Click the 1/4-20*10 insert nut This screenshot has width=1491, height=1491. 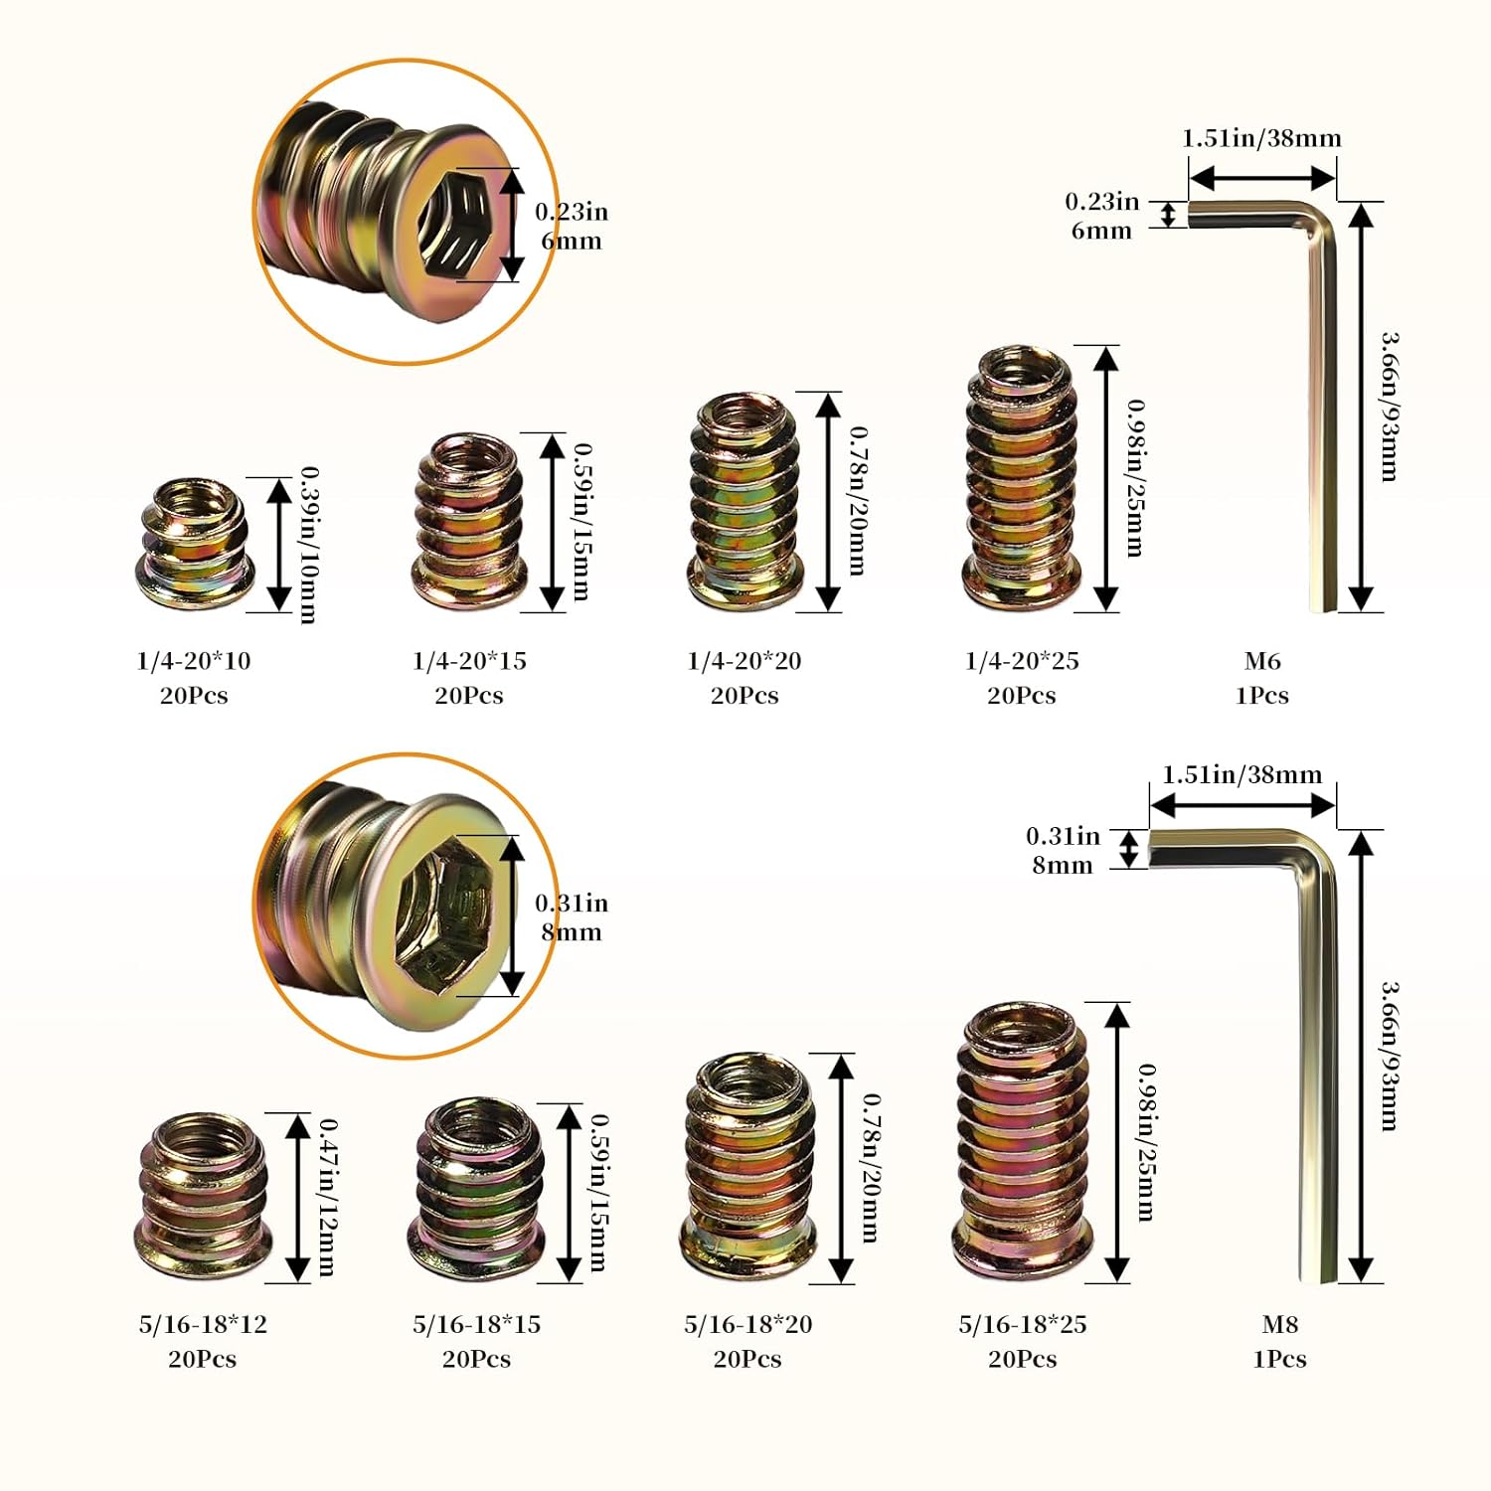(x=195, y=545)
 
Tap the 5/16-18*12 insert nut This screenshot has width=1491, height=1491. (x=202, y=1196)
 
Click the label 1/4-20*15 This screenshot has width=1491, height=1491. (x=469, y=661)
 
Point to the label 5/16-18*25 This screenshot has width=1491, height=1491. (x=1022, y=1324)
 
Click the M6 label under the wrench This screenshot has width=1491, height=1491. (x=1262, y=661)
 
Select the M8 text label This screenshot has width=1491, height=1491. (x=1279, y=1324)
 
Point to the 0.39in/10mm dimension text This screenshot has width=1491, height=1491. (x=309, y=545)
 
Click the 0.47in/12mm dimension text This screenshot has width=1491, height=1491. (x=327, y=1197)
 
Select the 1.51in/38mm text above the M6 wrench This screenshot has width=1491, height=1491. (x=1261, y=138)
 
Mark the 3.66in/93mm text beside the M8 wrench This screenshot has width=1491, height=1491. (x=1389, y=1056)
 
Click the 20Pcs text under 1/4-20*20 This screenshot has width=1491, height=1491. (x=745, y=696)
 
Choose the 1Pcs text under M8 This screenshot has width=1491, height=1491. (x=1279, y=1359)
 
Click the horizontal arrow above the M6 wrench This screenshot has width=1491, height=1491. (x=1261, y=178)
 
